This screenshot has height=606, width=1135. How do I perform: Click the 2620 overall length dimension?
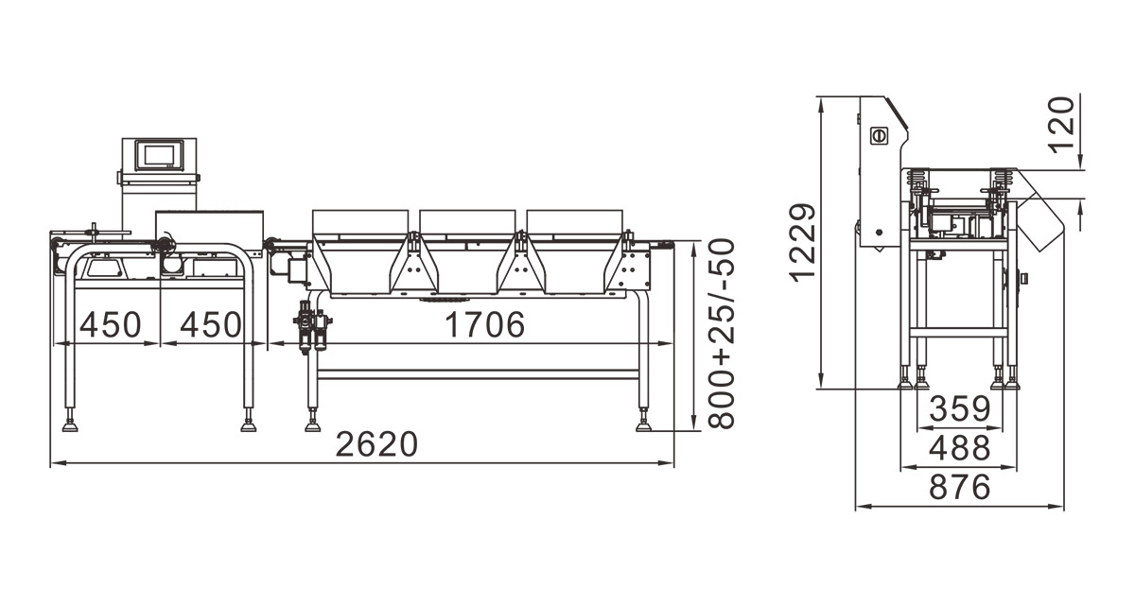pyautogui.click(x=376, y=444)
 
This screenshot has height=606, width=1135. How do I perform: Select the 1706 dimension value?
pyautogui.click(x=485, y=324)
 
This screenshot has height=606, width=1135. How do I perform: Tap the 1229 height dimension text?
pyautogui.click(x=803, y=243)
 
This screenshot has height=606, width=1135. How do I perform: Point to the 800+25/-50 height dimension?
pyautogui.click(x=721, y=334)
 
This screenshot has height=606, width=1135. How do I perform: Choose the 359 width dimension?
pyautogui.click(x=960, y=409)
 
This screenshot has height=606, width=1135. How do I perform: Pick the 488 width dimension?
pyautogui.click(x=959, y=448)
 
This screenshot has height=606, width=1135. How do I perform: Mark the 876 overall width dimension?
pyautogui.click(x=959, y=487)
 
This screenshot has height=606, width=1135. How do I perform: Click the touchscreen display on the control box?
pyautogui.click(x=159, y=154)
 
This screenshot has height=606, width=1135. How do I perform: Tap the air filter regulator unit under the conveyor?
pyautogui.click(x=313, y=325)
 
